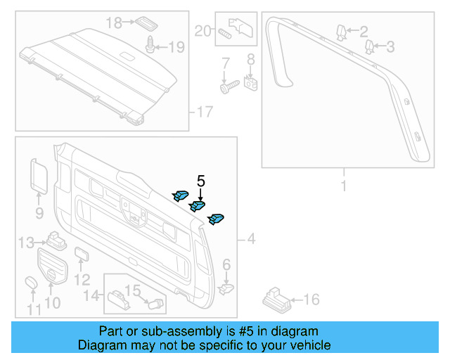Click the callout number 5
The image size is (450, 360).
pyautogui.click(x=201, y=181)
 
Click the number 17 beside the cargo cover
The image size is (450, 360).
pyautogui.click(x=203, y=112)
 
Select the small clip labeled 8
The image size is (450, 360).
pyautogui.click(x=250, y=85)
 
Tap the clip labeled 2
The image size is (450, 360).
pyautogui.click(x=342, y=31)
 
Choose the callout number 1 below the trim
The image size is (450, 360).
pyautogui.click(x=343, y=187)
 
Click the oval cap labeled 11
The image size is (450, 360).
pyautogui.click(x=31, y=283)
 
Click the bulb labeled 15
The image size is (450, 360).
pyautogui.click(x=157, y=303)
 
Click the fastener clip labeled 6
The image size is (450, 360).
pyautogui.click(x=226, y=287)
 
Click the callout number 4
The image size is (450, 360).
pyautogui.click(x=251, y=240)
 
